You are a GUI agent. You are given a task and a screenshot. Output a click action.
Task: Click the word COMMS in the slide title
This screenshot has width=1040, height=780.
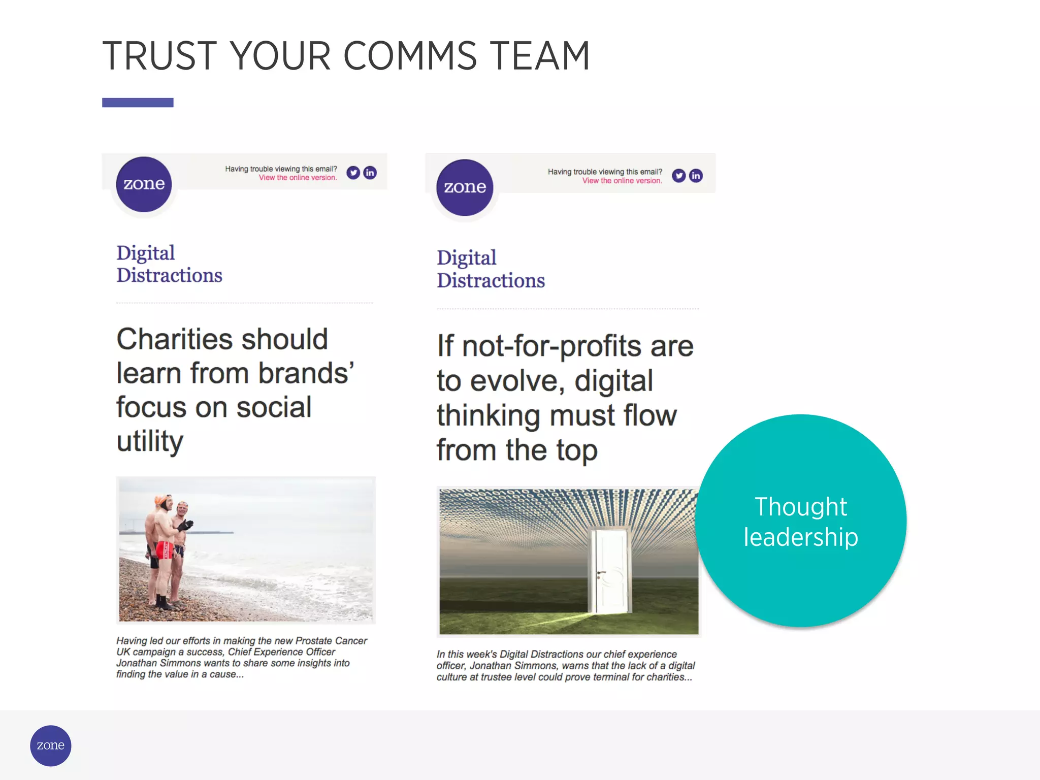[410, 56]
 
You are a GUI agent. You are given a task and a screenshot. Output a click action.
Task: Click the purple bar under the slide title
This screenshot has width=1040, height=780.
[138, 103]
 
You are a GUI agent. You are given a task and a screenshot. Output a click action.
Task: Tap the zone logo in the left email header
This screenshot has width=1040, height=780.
[144, 184]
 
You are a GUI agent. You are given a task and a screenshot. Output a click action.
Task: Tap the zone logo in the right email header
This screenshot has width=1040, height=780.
[465, 187]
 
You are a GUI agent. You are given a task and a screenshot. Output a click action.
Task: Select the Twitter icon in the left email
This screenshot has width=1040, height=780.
[353, 173]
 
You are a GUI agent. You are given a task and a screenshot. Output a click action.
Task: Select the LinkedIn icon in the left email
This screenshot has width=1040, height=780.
[370, 173]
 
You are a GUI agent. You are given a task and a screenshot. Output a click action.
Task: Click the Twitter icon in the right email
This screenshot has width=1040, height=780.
[679, 176]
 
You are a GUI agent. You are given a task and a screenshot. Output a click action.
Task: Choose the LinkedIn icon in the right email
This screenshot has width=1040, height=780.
[696, 176]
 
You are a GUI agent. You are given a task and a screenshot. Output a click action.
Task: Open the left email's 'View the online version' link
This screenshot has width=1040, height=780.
[298, 178]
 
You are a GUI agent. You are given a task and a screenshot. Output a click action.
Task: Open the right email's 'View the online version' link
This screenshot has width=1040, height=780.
[622, 181]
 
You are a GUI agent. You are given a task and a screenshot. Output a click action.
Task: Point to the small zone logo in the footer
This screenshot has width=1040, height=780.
[51, 745]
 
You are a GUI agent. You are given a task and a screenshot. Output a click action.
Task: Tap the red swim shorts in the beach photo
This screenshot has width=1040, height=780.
[165, 550]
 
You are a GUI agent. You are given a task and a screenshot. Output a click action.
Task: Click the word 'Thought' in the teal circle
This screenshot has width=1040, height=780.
[801, 507]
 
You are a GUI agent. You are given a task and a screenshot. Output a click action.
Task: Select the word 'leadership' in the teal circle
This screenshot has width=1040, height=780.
[801, 537]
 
